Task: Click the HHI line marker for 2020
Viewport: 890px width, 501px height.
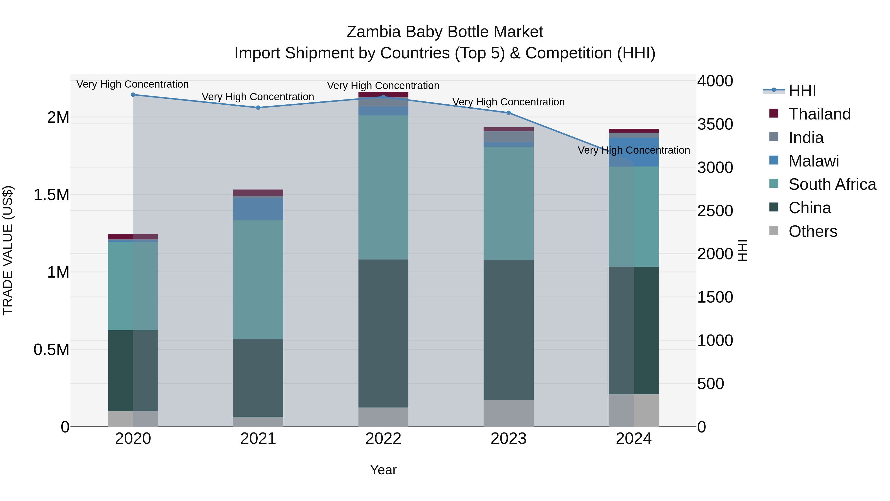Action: [133, 95]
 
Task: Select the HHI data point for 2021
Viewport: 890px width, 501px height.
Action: [258, 108]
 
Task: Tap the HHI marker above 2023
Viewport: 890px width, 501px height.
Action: [509, 113]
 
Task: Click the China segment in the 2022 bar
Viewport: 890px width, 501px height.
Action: [383, 333]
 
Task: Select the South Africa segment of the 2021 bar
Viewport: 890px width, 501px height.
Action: [258, 279]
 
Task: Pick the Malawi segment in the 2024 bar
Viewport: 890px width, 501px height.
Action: [634, 152]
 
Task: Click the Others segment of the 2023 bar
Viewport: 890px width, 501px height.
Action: [509, 413]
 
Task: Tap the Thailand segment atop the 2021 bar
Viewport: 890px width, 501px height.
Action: [258, 192]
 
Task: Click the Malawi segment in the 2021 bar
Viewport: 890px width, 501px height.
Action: [258, 209]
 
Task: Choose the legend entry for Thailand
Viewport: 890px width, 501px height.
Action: [820, 114]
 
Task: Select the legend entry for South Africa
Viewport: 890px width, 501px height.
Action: [832, 184]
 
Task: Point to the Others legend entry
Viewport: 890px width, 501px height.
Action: [813, 231]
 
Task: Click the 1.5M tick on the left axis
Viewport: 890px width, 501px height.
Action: [51, 195]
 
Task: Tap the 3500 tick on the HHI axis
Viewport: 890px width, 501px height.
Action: [715, 124]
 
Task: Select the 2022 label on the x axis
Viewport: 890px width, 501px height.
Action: [383, 439]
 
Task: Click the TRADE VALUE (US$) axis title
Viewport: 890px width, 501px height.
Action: [8, 250]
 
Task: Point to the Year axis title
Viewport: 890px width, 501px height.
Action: [383, 470]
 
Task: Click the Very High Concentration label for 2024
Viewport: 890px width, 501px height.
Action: [634, 150]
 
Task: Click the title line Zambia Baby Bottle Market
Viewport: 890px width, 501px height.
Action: [445, 32]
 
